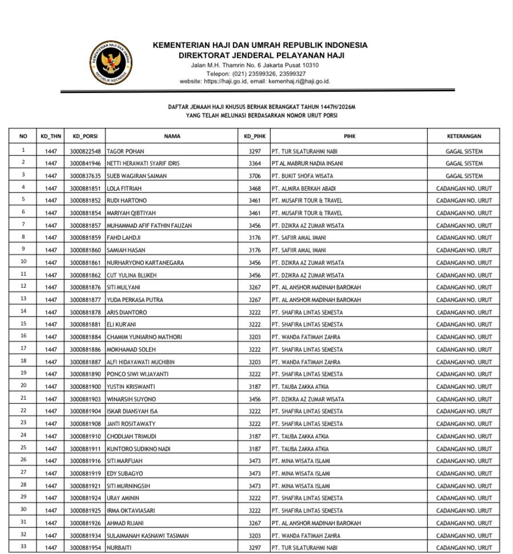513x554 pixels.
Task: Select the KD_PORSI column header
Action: (85, 137)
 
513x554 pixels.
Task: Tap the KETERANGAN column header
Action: (463, 137)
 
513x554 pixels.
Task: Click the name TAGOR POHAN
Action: (125, 151)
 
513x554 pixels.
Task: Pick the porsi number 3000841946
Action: (85, 163)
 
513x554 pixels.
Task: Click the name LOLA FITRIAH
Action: (124, 188)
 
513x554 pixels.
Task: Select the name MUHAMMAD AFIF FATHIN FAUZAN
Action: (149, 226)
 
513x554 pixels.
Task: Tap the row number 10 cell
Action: (23, 262)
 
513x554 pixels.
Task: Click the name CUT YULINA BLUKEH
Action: (131, 275)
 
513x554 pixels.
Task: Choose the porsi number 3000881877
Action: (85, 300)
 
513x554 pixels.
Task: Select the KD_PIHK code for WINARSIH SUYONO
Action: (255, 399)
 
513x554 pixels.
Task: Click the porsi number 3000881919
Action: (85, 473)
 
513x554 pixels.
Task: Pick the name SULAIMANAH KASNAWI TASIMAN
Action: (147, 536)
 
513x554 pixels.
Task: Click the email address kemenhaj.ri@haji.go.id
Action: (299, 81)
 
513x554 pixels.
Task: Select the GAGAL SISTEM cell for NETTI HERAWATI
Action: (463, 163)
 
